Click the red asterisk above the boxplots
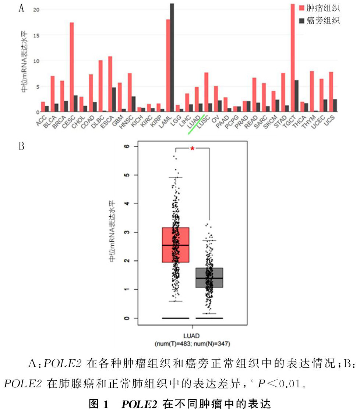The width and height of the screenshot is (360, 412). click(192, 149)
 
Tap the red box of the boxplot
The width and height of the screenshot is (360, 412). click(176, 245)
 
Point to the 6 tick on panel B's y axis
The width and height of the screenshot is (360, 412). click(127, 147)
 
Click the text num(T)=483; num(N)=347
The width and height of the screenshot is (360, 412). click(192, 344)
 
